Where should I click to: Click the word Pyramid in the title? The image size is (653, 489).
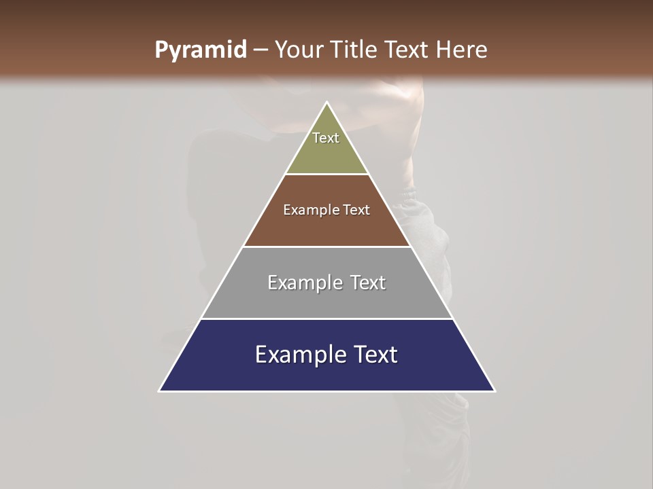[200, 50]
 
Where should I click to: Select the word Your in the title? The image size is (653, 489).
[299, 50]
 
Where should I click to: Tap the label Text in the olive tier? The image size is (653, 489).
[326, 138]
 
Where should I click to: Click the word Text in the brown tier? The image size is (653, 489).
[357, 210]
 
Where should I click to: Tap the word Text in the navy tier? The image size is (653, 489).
[375, 355]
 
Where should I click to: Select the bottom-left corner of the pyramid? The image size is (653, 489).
[160, 391]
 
